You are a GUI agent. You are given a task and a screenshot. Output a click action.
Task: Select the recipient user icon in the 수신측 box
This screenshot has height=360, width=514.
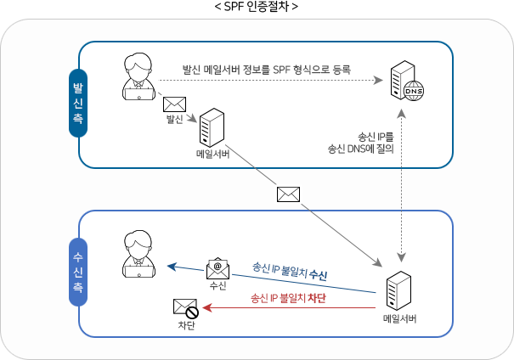tap(138, 254)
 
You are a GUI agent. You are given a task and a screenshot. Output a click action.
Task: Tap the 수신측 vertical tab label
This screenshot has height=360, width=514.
tap(78, 273)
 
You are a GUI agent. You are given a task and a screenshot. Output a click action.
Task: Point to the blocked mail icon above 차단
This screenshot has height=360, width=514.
tap(185, 308)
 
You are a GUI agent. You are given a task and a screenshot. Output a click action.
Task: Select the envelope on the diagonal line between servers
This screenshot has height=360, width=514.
tap(288, 194)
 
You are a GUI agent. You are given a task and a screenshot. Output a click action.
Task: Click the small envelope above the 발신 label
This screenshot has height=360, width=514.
tap(174, 106)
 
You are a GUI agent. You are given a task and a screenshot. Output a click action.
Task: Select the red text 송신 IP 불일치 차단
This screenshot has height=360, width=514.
tap(288, 299)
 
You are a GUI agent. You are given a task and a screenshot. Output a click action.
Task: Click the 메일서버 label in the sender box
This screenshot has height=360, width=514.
tap(213, 155)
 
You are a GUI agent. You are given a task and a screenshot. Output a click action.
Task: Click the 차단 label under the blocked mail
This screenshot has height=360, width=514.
tap(185, 326)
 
